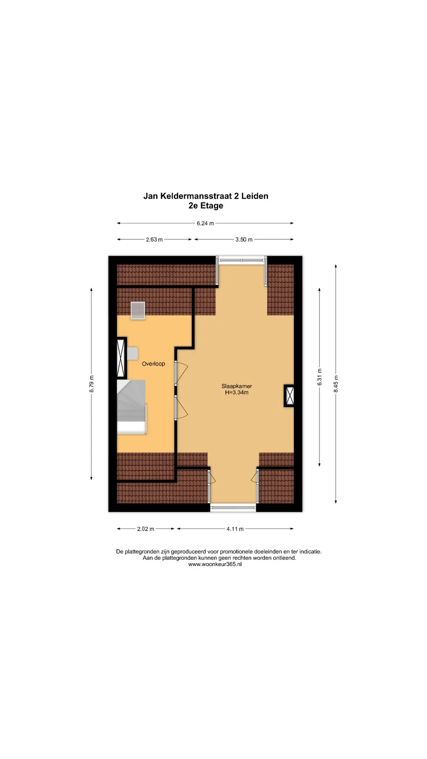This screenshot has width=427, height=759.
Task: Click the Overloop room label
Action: [153, 364]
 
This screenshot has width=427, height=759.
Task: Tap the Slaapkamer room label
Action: [236, 386]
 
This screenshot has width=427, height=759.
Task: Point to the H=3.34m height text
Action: [236, 393]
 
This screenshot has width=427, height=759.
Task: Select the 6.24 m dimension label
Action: [205, 223]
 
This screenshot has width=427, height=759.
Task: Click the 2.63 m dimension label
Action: [154, 240]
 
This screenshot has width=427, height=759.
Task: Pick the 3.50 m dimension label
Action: [244, 240]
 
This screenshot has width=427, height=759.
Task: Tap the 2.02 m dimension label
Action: [145, 529]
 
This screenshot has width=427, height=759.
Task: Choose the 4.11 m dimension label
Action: [235, 529]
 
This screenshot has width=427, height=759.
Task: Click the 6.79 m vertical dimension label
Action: [92, 383]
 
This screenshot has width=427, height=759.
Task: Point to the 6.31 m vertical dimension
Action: [320, 378]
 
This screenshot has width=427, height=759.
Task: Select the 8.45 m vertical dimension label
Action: [336, 384]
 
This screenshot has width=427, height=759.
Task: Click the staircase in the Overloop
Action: [132, 407]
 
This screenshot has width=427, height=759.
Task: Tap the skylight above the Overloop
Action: [138, 310]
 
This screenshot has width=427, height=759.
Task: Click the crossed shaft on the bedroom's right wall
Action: [289, 396]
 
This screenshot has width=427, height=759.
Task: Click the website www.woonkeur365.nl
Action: [215, 565]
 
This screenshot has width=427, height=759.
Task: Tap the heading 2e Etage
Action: [206, 206]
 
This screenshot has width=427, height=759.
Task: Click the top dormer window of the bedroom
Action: [242, 260]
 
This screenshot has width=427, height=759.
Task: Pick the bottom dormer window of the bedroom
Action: [233, 508]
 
